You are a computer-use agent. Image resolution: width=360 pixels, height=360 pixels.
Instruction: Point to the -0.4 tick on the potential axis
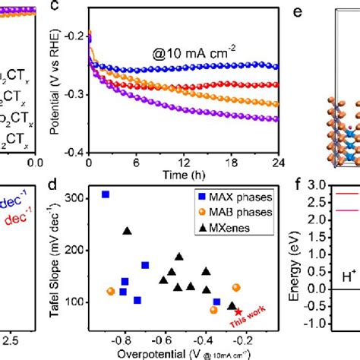point(76,152)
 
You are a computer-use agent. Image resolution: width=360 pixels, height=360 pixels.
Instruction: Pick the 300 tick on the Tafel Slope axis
point(76,197)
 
